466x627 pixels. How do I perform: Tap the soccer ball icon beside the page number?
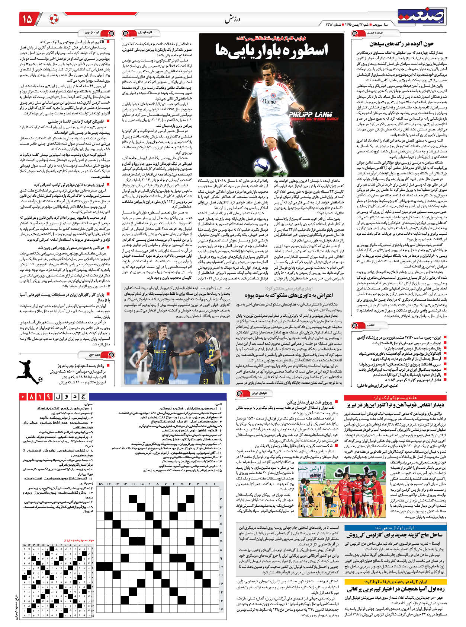[54, 19]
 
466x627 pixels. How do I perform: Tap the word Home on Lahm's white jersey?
[269, 101]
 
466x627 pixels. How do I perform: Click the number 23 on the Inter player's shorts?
[206, 381]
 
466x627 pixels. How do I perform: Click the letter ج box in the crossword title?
[83, 397]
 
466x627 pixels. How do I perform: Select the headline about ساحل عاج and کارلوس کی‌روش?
[394, 535]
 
